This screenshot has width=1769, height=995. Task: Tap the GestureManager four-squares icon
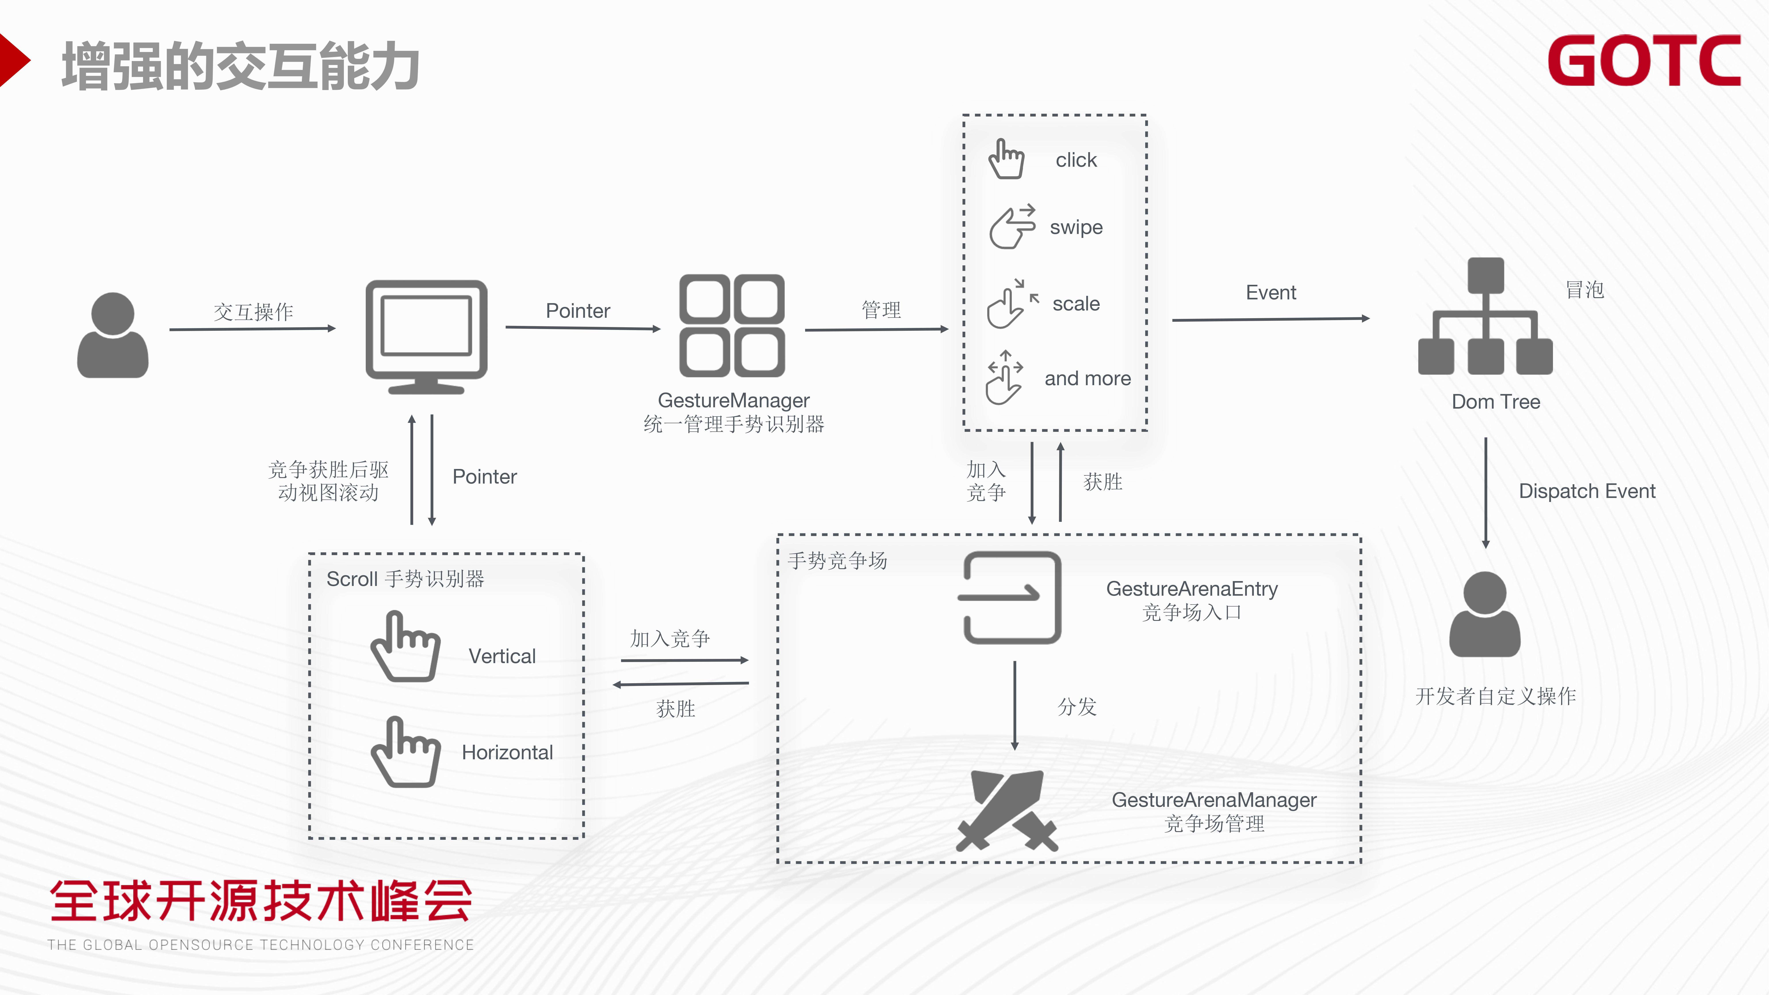[732, 325]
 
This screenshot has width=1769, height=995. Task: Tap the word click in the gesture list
[1076, 160]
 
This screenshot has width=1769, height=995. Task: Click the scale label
[1076, 304]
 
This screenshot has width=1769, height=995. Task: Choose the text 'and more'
[1087, 378]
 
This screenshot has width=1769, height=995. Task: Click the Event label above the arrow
[1270, 293]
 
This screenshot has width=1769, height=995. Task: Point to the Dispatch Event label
[1586, 491]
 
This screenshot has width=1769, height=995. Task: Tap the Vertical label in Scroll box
[502, 656]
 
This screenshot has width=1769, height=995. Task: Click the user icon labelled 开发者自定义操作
[1485, 615]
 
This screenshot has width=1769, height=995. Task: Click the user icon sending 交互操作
[113, 335]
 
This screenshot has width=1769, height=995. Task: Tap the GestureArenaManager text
[1214, 800]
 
